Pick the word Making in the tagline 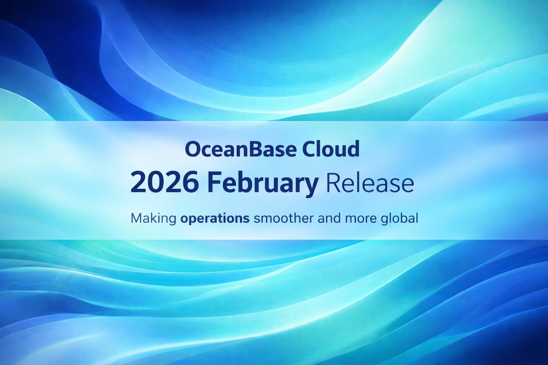(x=153, y=219)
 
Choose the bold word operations (x=215, y=219)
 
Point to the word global (x=400, y=219)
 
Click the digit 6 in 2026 (x=191, y=184)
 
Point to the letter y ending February (x=312, y=186)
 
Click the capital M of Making (x=137, y=219)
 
